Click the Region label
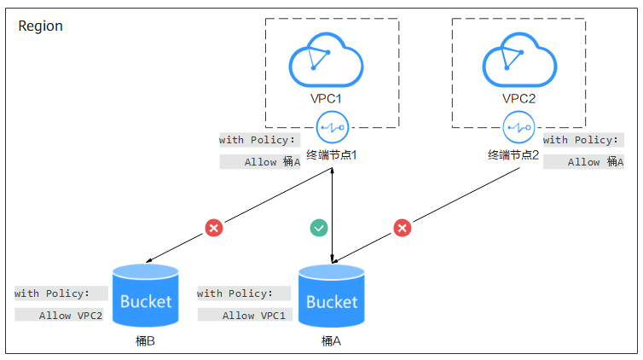pyautogui.click(x=40, y=26)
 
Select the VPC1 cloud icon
pyautogui.click(x=326, y=60)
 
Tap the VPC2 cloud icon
pyautogui.click(x=519, y=60)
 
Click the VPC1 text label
pyautogui.click(x=326, y=98)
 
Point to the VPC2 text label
pyautogui.click(x=518, y=98)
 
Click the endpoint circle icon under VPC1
pyautogui.click(x=333, y=127)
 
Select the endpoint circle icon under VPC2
pyautogui.click(x=518, y=127)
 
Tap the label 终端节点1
pyautogui.click(x=332, y=155)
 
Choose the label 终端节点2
pyautogui.click(x=513, y=155)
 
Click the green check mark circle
pyautogui.click(x=319, y=228)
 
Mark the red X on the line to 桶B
pyautogui.click(x=214, y=228)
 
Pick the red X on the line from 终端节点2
pyautogui.click(x=403, y=228)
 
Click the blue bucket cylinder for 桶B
pyautogui.click(x=146, y=295)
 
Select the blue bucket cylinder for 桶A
pyautogui.click(x=332, y=296)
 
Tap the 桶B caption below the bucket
pyautogui.click(x=145, y=340)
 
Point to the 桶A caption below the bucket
pyautogui.click(x=332, y=340)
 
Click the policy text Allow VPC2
pyautogui.click(x=71, y=316)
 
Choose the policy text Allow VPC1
pyautogui.click(x=254, y=316)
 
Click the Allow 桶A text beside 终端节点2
pyautogui.click(x=595, y=162)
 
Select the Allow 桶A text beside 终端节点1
pyautogui.click(x=272, y=162)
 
